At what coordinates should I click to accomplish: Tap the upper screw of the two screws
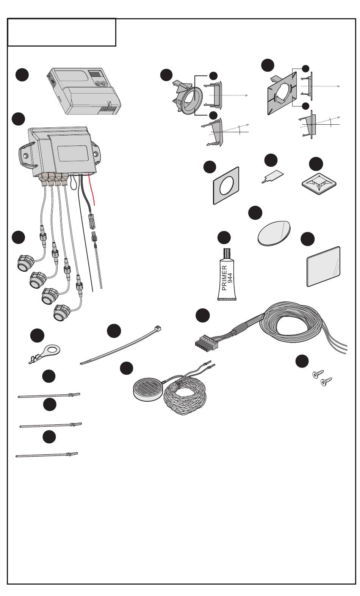(x=316, y=375)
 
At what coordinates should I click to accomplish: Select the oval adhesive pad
(x=274, y=233)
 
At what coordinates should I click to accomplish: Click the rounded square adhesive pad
(x=323, y=266)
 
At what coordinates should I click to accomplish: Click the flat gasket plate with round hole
(x=226, y=186)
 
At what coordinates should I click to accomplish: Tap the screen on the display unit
(x=94, y=74)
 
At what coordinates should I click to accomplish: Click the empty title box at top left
(x=62, y=33)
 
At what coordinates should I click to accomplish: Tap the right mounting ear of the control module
(x=97, y=155)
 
